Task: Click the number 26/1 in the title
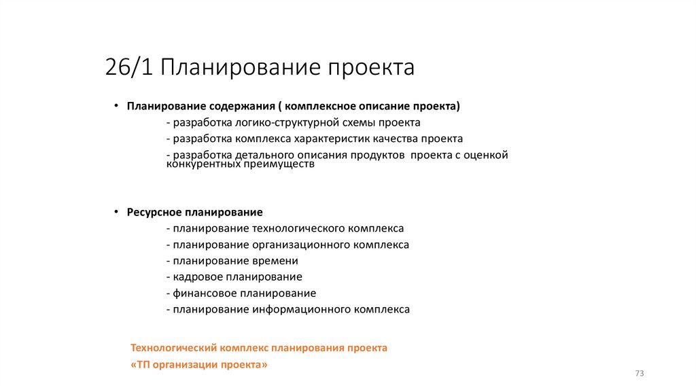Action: (129, 68)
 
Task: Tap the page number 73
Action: (639, 374)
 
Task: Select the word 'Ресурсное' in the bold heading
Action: (151, 213)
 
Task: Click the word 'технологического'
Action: (296, 229)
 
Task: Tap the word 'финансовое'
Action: (205, 294)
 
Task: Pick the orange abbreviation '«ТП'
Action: (138, 365)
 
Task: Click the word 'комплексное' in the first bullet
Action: (321, 107)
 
